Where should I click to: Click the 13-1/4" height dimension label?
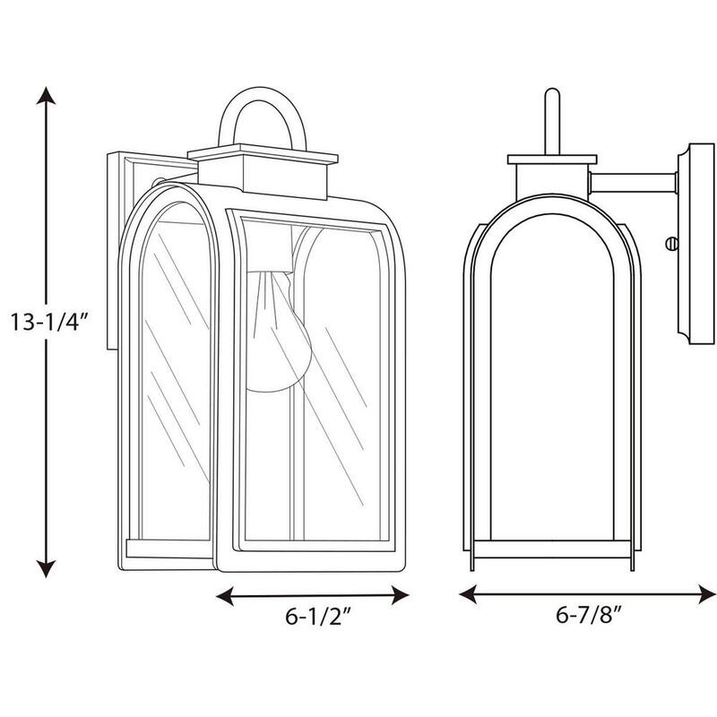(48, 322)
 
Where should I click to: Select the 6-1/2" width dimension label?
(318, 617)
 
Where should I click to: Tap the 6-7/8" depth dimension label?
(589, 615)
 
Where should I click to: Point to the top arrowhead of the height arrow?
(46, 95)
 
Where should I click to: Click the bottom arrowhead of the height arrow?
(46, 569)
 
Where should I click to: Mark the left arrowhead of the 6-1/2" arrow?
(225, 596)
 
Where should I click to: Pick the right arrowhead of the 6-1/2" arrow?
(400, 595)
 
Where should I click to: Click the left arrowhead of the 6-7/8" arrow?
(467, 593)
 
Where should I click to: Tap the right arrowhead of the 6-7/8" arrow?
(707, 593)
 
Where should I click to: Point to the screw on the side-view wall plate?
(671, 244)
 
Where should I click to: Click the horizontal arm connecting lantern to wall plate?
(633, 183)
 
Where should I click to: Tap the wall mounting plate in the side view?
(696, 244)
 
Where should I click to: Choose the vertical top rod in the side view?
(552, 122)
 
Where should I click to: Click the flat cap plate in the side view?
(552, 160)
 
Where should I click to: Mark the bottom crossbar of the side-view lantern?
(552, 549)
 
